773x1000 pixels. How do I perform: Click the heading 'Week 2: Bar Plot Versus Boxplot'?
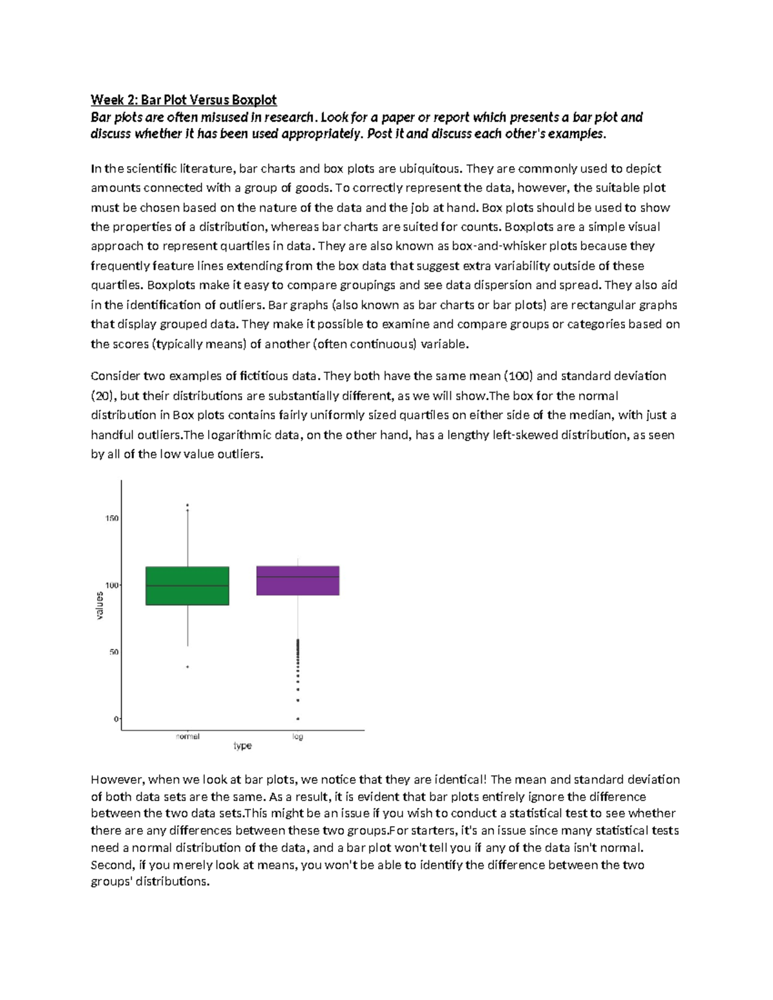pos(184,100)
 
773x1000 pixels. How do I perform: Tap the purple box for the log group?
pos(298,580)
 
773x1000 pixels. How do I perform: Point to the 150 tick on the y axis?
pos(111,518)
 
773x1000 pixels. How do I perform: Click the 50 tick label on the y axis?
pos(113,652)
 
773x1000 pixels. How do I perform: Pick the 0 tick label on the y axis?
pos(116,719)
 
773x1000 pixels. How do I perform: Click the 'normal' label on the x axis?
pos(187,736)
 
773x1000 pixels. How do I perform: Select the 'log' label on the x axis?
pos(298,736)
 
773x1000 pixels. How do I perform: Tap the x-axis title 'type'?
pos(242,746)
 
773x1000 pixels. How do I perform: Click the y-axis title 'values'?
pos(99,605)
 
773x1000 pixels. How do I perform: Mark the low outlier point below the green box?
pos(187,667)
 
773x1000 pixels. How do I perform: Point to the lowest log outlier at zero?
pos(298,719)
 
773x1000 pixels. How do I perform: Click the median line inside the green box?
pos(187,585)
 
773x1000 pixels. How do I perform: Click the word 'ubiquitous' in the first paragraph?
pos(430,169)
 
